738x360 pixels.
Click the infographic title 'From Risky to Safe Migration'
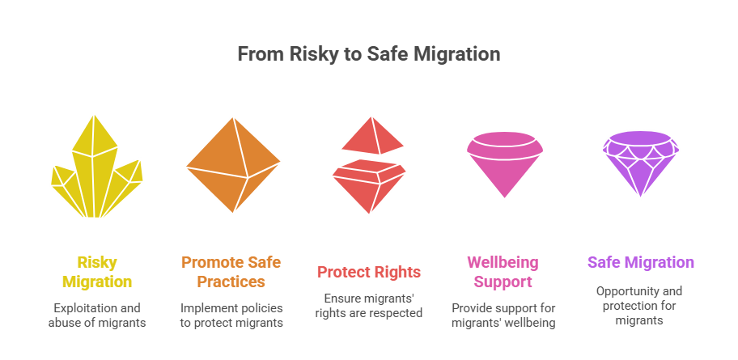click(368, 54)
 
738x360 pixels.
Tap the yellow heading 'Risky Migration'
click(97, 273)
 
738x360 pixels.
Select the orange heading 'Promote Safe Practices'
click(233, 273)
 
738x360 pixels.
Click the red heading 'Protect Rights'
click(369, 272)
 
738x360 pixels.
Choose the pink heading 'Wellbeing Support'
click(503, 273)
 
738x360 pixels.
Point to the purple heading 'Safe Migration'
click(640, 263)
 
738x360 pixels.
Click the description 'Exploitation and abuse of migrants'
click(97, 316)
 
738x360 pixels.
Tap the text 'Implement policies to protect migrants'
click(233, 316)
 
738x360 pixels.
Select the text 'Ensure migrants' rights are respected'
click(369, 305)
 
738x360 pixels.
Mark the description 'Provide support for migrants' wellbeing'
click(503, 316)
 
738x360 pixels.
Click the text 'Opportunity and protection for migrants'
click(640, 306)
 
